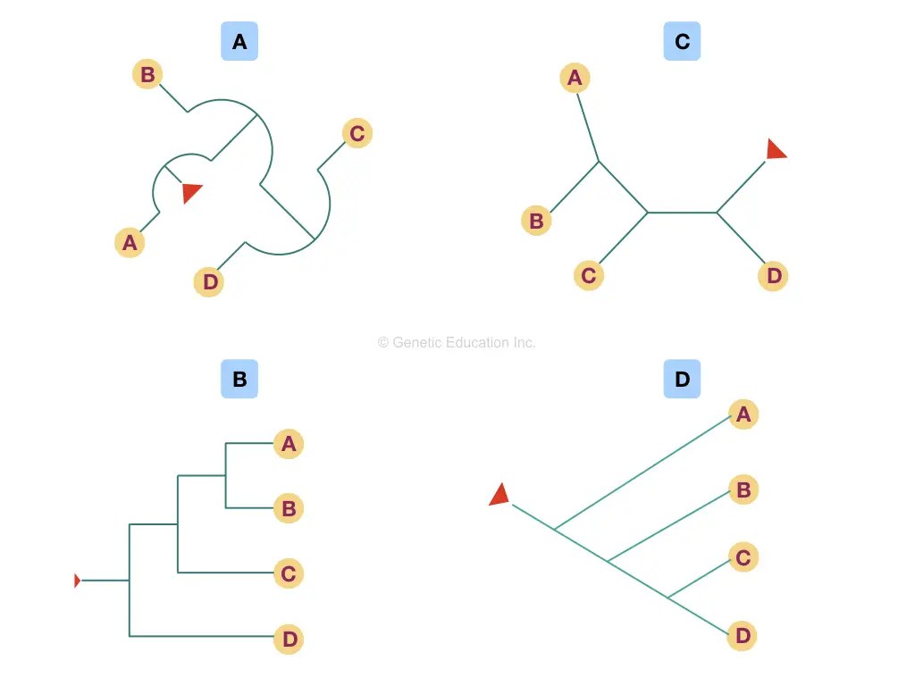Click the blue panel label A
tap(239, 42)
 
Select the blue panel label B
tap(239, 379)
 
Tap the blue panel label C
tap(682, 42)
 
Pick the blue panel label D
tap(682, 379)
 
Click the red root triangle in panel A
tap(191, 192)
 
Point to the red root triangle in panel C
tap(776, 150)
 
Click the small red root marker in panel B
tap(77, 581)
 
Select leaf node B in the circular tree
tap(147, 74)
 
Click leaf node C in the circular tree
tap(357, 134)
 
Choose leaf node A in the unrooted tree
tap(575, 78)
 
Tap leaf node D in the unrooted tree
tap(774, 276)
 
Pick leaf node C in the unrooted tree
tap(588, 276)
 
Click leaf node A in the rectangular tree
tap(288, 443)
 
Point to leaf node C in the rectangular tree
tap(288, 573)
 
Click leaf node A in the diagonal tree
tap(743, 414)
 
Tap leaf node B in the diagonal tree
tap(743, 489)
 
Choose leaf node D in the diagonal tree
tap(743, 637)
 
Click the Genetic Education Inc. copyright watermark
tap(457, 342)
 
